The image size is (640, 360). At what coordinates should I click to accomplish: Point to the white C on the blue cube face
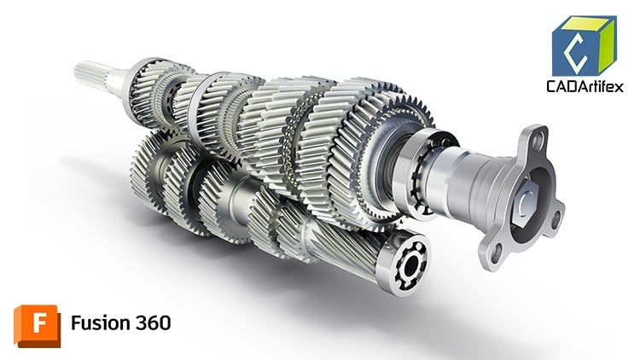573,49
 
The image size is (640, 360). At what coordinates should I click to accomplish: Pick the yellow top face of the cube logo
585,23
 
